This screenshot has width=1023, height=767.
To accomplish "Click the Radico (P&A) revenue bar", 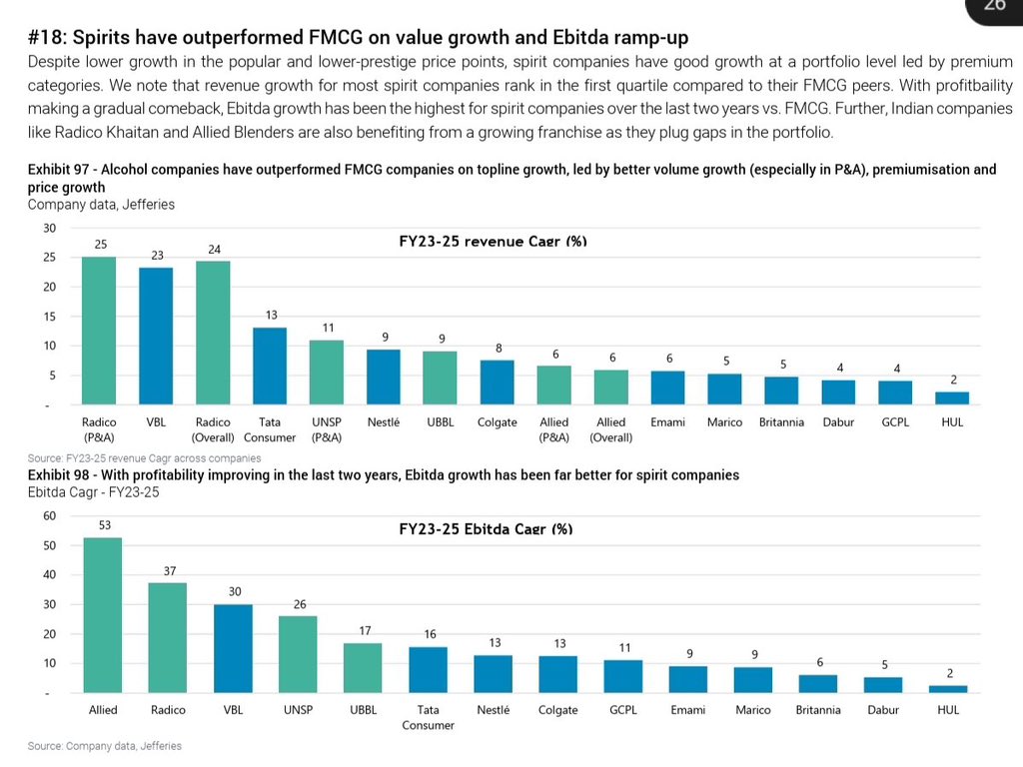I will pos(99,331).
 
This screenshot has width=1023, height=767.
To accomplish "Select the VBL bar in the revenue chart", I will pos(156,336).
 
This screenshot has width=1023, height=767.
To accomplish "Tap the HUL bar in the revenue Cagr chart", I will pos(952,397).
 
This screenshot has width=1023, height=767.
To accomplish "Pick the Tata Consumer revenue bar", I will pos(270,366).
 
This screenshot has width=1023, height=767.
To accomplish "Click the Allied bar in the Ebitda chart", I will pos(103,615).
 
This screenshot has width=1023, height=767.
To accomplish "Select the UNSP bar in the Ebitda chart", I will pos(298,654).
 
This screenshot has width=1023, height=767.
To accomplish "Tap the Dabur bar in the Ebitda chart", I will pos(883,685).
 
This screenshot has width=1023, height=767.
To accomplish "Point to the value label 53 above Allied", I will pos(103,524).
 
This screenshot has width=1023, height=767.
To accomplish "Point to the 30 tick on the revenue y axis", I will pos(49,228).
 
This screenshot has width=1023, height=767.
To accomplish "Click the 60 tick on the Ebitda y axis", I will pos(49,516).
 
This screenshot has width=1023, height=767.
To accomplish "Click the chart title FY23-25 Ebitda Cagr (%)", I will pos(486,529).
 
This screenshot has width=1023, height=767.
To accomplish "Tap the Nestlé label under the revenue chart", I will pos(384,422).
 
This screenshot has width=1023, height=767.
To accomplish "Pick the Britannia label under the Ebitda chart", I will pos(818,710).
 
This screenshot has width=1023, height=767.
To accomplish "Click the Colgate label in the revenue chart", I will pos(498,422).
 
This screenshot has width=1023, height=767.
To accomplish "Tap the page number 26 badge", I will pos(994,5).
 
